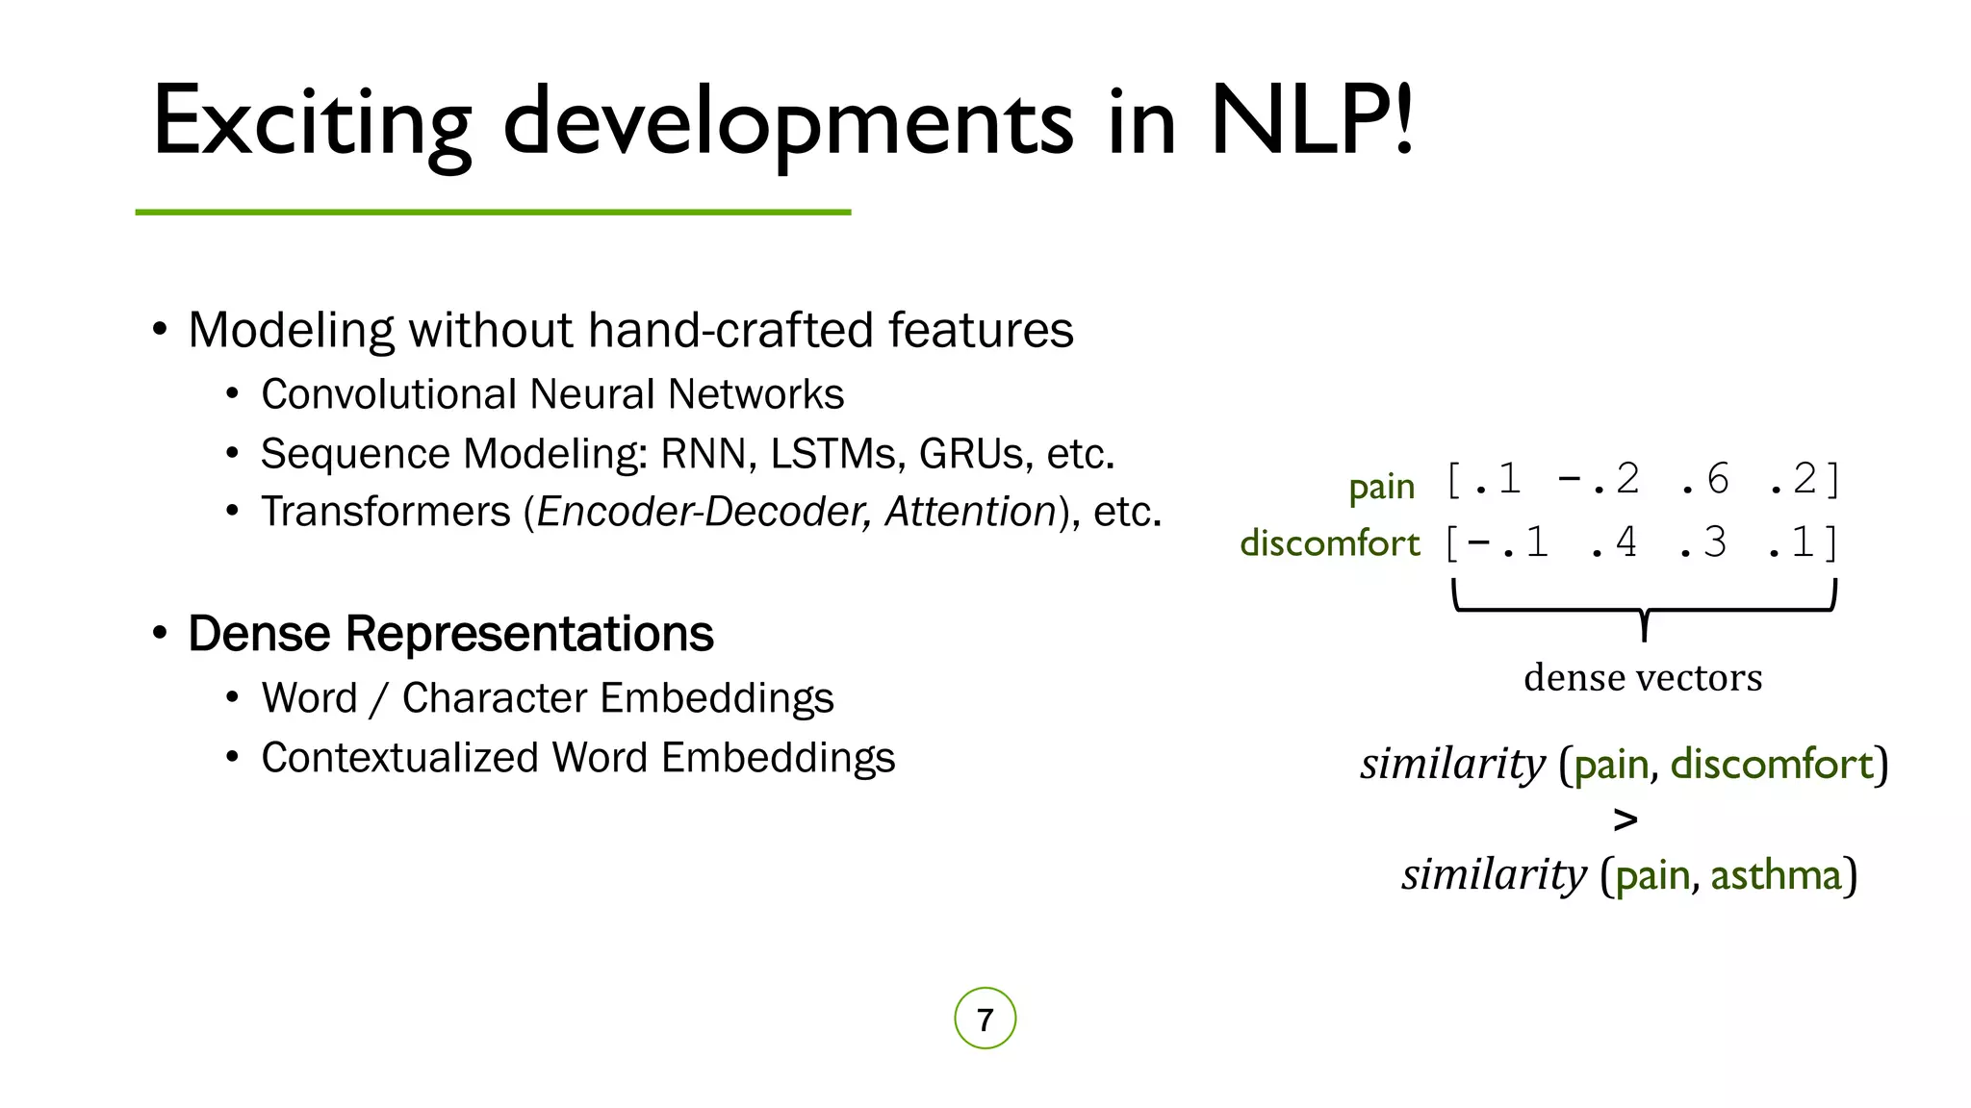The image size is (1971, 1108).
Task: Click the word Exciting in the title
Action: point(311,122)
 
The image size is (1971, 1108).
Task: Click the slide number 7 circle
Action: point(985,1019)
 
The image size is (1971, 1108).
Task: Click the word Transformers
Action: point(385,512)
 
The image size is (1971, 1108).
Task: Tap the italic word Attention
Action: point(970,512)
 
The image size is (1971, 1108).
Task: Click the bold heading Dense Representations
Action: point(450,634)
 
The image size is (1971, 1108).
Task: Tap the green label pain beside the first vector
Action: point(1381,488)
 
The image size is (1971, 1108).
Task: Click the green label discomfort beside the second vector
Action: point(1329,543)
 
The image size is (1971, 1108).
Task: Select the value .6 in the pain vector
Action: point(1705,480)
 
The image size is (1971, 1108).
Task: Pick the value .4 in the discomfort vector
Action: point(1614,543)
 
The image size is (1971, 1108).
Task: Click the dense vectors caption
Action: point(1643,678)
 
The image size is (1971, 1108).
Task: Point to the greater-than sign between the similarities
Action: point(1625,819)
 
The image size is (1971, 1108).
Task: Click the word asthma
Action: point(1775,875)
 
